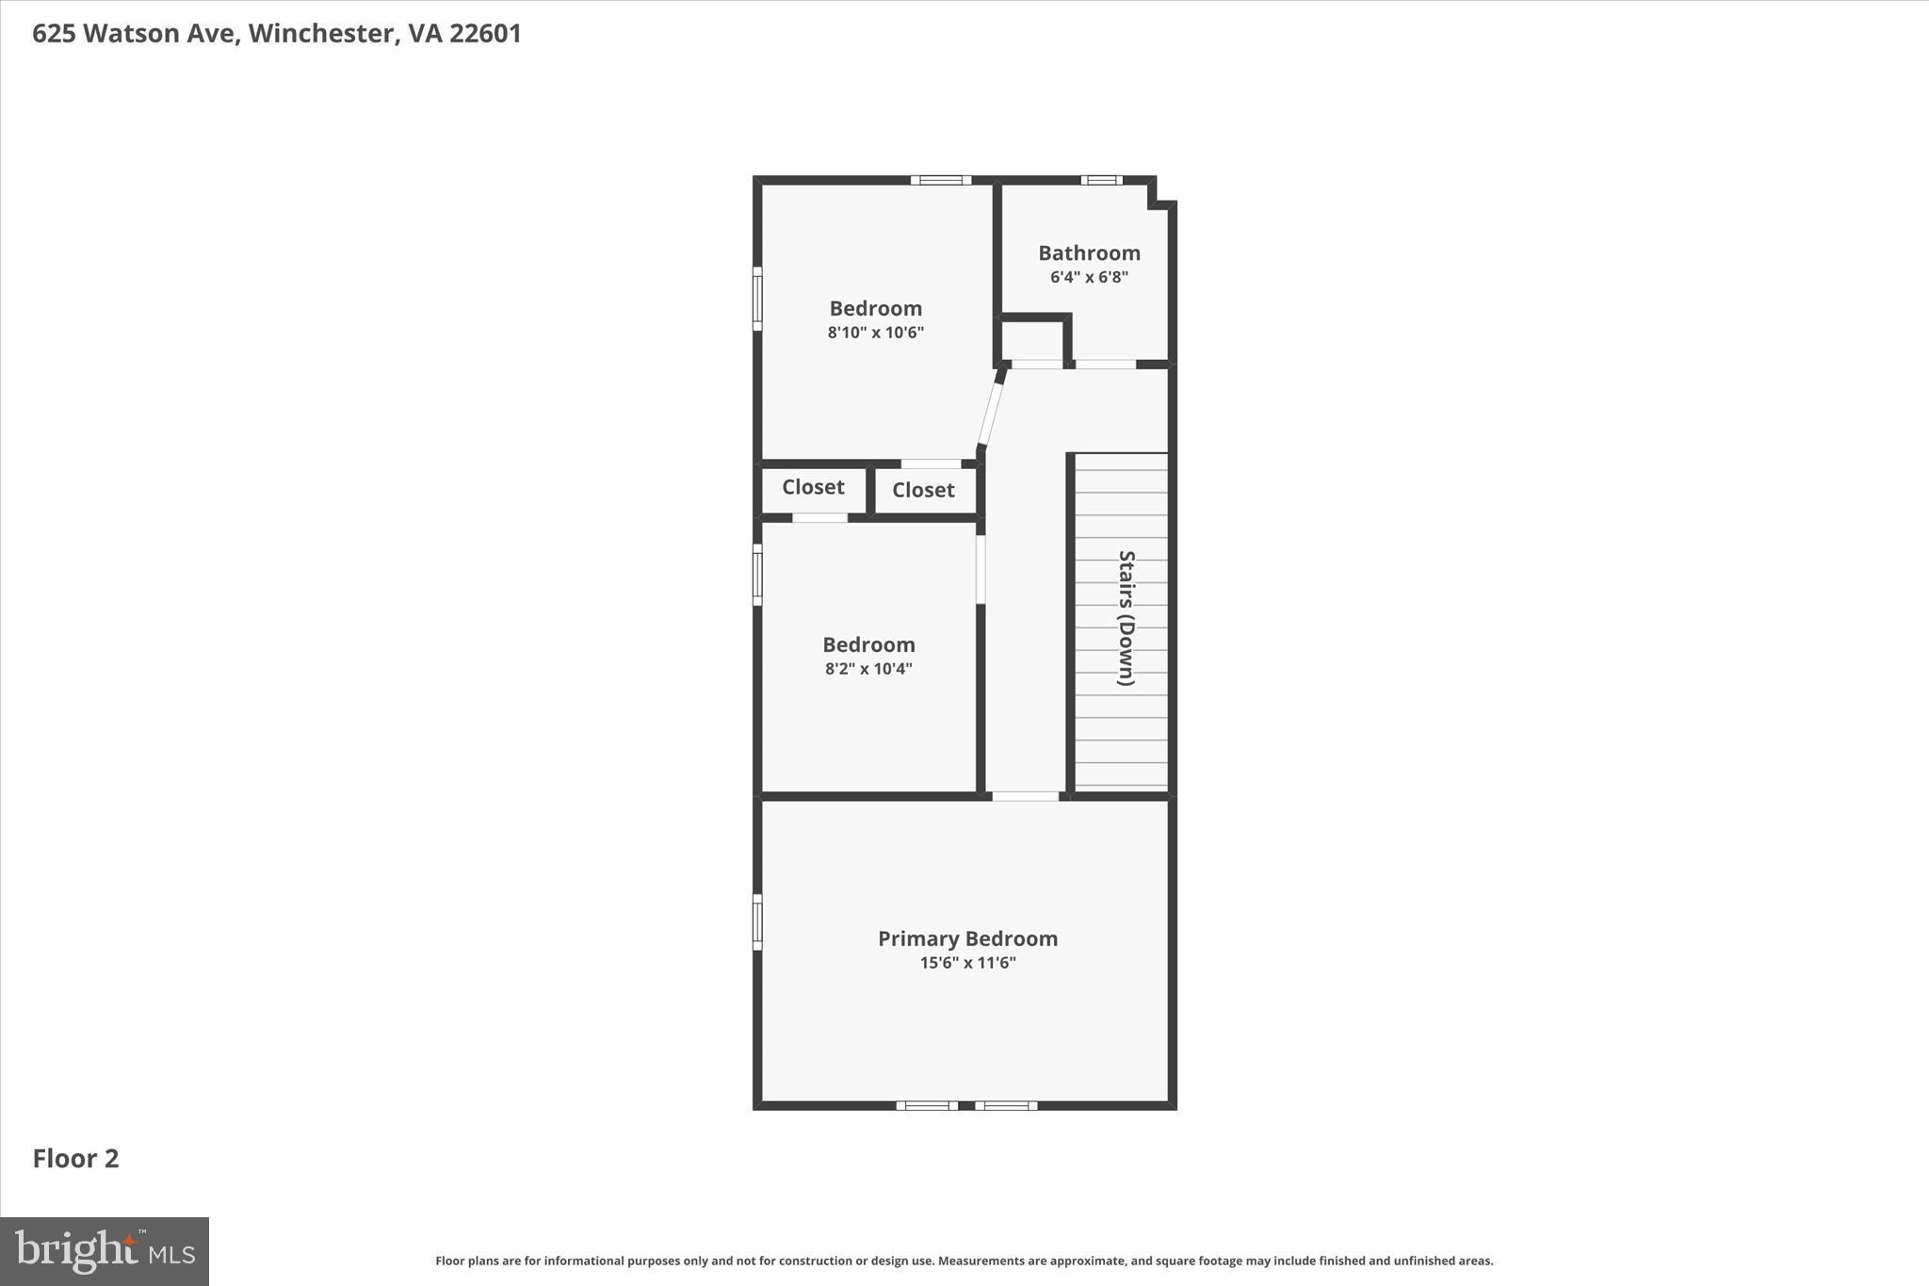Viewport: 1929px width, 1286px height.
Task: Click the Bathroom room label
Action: click(x=1089, y=252)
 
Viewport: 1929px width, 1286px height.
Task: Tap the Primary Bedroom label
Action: click(x=967, y=938)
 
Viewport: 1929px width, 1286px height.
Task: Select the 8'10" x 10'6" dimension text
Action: click(x=875, y=333)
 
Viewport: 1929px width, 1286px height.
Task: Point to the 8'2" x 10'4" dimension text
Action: click(x=868, y=669)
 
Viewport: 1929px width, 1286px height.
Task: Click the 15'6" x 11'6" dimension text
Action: click(x=967, y=963)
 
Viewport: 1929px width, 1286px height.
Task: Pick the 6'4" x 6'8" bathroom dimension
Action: click(x=1089, y=277)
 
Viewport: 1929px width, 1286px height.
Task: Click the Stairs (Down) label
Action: click(x=1126, y=618)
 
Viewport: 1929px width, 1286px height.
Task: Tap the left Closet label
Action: click(x=813, y=487)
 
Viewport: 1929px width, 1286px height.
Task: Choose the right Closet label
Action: click(x=923, y=490)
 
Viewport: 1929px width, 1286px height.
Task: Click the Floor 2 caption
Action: click(x=75, y=1159)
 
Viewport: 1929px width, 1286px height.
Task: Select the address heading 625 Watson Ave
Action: click(x=277, y=34)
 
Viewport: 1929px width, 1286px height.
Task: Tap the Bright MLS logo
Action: click(x=105, y=1251)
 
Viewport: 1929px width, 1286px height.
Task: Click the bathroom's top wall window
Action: click(x=1101, y=180)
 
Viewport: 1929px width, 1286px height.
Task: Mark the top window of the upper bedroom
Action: click(x=940, y=180)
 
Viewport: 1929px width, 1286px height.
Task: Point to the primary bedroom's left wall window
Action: click(x=757, y=921)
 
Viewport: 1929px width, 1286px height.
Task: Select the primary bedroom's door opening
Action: click(x=1026, y=796)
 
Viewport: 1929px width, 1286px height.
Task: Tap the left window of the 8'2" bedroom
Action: click(x=757, y=575)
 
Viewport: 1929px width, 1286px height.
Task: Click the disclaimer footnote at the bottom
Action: click(x=964, y=1261)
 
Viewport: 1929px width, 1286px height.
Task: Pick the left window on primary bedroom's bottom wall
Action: click(x=927, y=1105)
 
